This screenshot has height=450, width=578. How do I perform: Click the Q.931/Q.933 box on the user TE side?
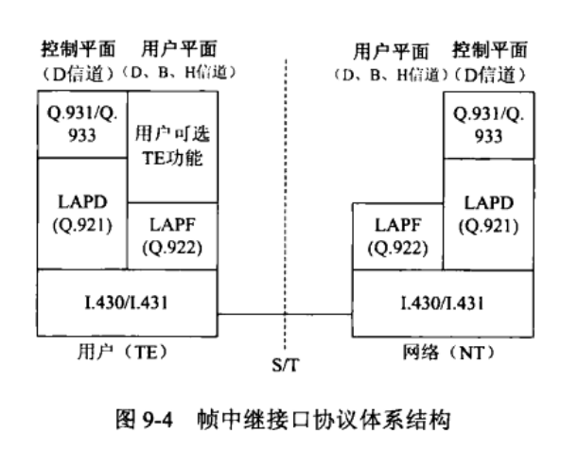81,124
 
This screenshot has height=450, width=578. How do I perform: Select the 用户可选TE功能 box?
171,144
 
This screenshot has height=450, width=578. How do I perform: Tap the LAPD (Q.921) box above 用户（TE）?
81,214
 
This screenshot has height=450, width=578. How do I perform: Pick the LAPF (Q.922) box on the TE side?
171,235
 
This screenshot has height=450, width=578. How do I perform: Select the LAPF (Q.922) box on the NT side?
397,235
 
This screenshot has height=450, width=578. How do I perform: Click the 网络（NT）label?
441,351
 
